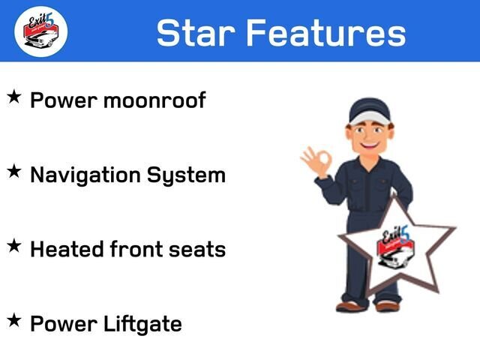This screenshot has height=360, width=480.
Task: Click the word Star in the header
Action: coord(196,32)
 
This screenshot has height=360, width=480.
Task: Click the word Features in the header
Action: coord(326,32)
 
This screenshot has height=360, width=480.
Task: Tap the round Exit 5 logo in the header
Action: coord(41,31)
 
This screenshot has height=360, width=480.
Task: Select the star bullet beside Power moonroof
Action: coord(14,97)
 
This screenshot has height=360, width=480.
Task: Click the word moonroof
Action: coord(154,100)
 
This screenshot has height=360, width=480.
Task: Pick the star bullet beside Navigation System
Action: coord(14,171)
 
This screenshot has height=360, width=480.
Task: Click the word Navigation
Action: coord(85,176)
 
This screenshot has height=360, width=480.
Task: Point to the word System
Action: coord(186,176)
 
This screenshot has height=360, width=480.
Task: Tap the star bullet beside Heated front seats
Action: coord(14,246)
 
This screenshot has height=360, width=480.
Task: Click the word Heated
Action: coord(67,249)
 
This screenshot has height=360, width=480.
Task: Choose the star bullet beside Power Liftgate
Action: coord(14,320)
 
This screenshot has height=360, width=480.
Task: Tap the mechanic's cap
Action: coord(370,111)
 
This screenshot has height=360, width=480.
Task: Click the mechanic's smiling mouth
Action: coord(369,143)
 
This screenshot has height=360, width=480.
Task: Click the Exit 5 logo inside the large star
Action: coord(395,247)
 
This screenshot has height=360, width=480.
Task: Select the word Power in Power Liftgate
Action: coord(64,324)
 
